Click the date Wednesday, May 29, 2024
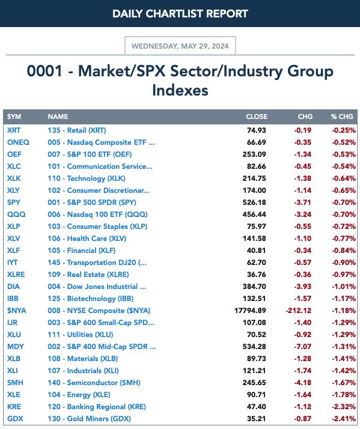tap(180, 46)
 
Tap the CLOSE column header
tap(257, 117)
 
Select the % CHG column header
tap(341, 117)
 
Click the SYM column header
tap(14, 117)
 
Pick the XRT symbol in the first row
tap(14, 130)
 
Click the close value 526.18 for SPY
tap(254, 202)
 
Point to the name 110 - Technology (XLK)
tap(87, 178)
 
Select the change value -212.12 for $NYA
tap(299, 311)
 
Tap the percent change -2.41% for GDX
tap(344, 419)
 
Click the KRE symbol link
tap(14, 407)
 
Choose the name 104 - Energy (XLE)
tap(79, 395)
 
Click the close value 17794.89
tap(250, 311)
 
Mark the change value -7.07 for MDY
tap(303, 347)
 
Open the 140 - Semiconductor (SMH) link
tap(94, 383)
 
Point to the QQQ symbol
tap(16, 214)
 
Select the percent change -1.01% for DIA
tap(344, 287)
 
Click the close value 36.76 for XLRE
tap(256, 275)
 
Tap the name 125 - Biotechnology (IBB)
tap(91, 299)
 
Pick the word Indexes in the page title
tap(180, 90)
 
